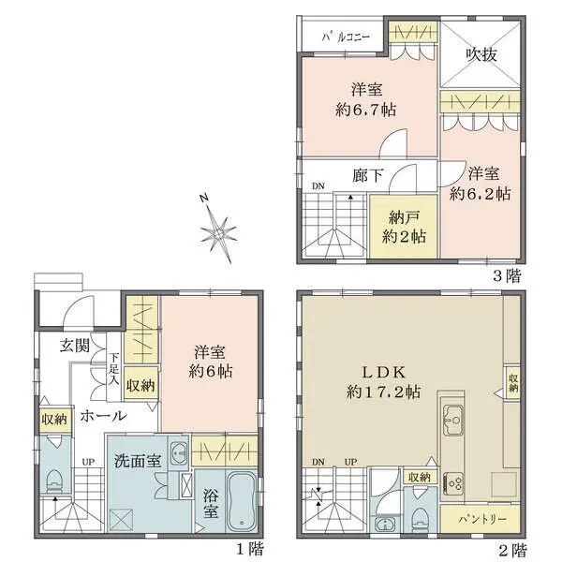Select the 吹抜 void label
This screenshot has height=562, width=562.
coord(481,55)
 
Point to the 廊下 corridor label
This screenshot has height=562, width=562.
coord(365,174)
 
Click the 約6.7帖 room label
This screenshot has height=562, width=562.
coord(365,99)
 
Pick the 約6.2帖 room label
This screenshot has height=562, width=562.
coord(480,185)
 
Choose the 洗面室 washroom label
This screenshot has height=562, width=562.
coord(137,460)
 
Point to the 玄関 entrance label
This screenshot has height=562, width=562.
coord(75,345)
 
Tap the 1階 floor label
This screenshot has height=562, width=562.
coord(248,547)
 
